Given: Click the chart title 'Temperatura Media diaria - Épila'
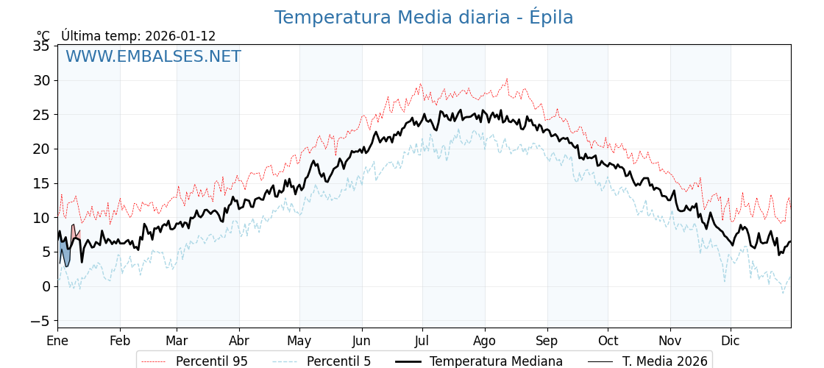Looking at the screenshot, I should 423,18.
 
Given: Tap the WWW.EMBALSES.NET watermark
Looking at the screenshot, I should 153,57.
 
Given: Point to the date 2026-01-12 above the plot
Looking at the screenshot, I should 180,36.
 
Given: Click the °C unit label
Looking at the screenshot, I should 43,36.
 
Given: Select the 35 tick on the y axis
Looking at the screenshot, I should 41,46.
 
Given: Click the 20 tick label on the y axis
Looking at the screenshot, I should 41,149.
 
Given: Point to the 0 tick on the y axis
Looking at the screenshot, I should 46,286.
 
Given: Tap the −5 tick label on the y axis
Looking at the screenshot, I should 40,321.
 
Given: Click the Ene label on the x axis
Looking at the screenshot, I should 57,341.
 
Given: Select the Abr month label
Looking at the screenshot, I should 239,341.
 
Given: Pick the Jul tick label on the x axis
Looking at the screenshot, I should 422,341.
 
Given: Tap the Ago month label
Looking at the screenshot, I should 485,341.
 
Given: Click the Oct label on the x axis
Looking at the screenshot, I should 608,341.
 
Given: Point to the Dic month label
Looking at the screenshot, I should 731,341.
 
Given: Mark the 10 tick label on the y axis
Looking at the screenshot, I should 41,218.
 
